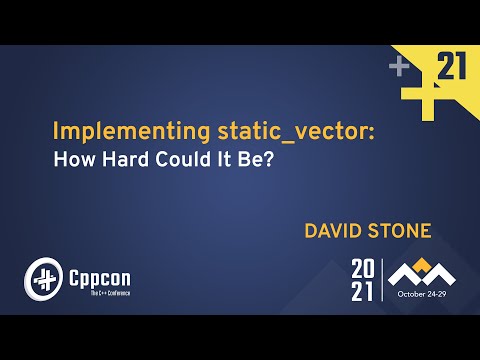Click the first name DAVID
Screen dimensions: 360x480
335,231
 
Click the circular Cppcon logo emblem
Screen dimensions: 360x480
43,276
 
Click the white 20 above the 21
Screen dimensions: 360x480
364,268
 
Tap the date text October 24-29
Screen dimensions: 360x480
424,296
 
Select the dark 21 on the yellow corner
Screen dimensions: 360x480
452,67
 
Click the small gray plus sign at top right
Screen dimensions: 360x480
400,67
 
